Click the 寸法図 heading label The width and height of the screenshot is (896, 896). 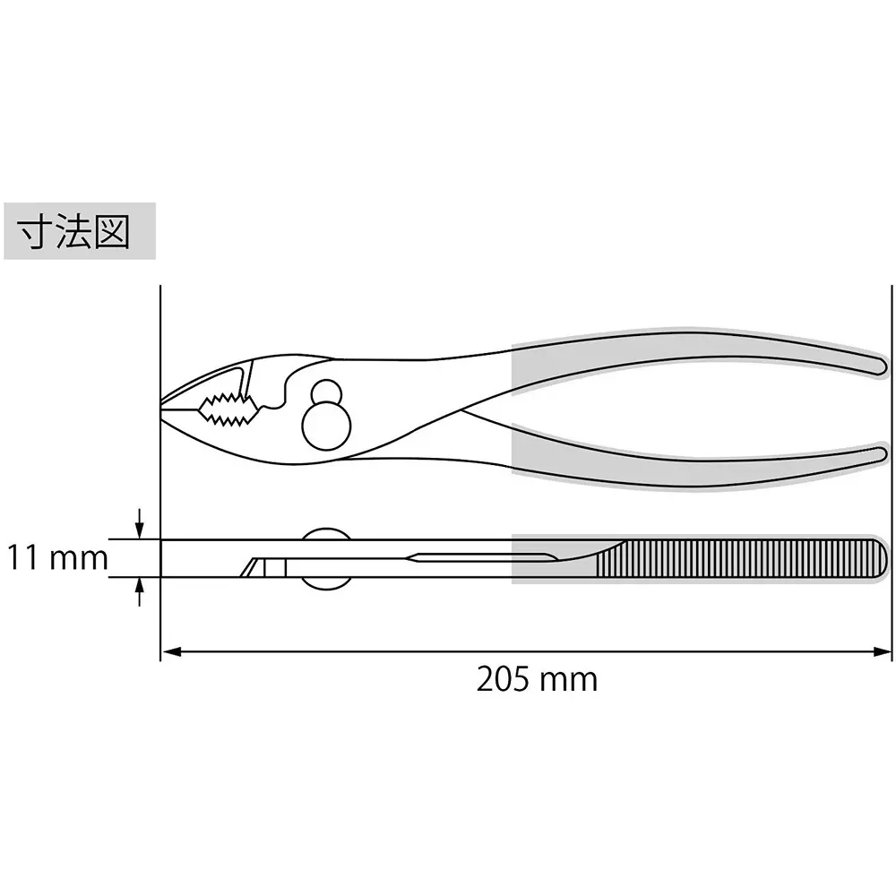[x=80, y=231]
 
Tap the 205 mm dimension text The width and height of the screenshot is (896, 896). [x=536, y=679]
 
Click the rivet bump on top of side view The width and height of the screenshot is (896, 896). [x=324, y=534]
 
